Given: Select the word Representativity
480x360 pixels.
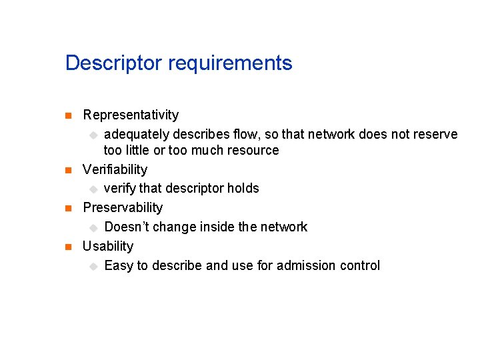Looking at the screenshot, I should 131,115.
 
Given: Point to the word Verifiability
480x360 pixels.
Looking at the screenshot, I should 115,169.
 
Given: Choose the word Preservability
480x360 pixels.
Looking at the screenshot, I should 123,207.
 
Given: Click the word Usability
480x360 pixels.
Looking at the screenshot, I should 108,246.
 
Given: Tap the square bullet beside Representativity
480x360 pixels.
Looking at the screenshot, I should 67,116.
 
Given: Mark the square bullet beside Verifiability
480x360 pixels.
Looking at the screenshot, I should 67,170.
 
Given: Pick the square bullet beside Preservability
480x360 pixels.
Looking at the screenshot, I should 67,208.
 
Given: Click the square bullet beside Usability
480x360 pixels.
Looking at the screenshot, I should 67,247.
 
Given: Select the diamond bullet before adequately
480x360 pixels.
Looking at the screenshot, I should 93,135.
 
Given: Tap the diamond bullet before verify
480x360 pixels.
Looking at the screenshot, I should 93,189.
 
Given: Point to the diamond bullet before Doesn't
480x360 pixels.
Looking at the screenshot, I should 93,227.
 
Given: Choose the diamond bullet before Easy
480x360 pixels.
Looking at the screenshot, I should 93,266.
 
